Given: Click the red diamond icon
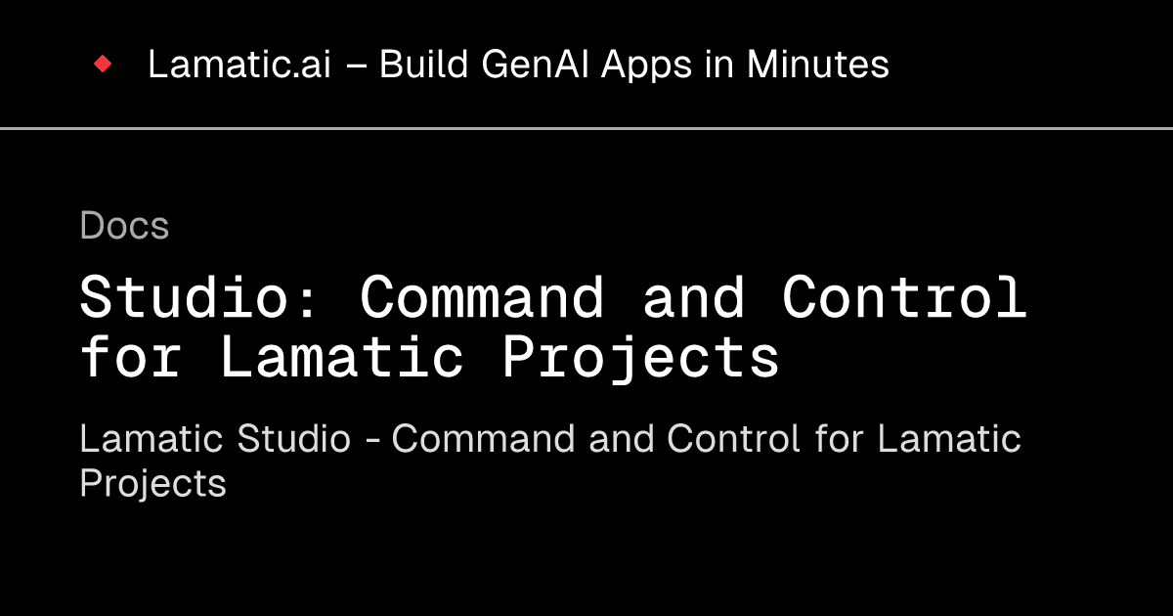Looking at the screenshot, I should (103, 65).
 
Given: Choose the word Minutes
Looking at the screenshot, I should (818, 65).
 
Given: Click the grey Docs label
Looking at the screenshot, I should (124, 226).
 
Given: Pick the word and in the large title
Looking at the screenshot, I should (693, 297).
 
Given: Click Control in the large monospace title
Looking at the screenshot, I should (904, 297).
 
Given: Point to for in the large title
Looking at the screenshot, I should (131, 357).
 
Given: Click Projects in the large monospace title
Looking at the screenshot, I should (640, 359).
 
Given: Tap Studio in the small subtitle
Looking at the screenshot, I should (293, 439).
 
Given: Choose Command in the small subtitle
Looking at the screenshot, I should (485, 439).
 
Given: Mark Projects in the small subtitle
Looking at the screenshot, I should (152, 484).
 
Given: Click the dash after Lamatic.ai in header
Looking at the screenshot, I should (361, 66).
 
